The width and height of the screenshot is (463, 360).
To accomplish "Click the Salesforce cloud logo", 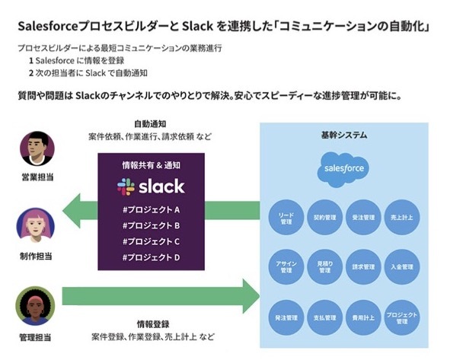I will coord(343,167).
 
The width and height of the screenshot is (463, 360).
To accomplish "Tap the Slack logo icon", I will coord(126,186).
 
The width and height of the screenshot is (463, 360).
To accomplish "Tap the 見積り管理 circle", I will coord(325,266).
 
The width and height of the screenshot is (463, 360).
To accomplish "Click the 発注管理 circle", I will coord(286,315).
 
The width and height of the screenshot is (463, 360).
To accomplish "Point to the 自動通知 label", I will coord(150,123).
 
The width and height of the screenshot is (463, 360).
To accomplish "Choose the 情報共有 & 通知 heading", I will coord(151,165).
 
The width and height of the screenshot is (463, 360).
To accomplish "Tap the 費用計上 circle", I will coord(363,315).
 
